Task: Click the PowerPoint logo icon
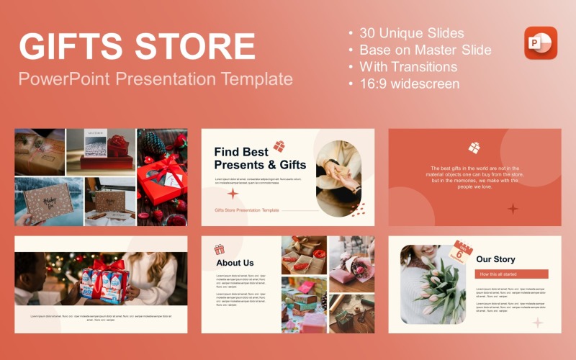tap(541, 42)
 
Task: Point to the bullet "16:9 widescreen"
tap(408, 83)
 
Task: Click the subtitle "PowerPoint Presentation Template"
tap(156, 78)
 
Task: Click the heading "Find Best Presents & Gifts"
tap(260, 158)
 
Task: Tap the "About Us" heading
tap(235, 263)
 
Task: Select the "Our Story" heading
tap(495, 259)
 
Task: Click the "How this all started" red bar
tap(511, 274)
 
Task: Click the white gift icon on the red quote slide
tap(474, 148)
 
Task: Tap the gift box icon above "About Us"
tap(219, 249)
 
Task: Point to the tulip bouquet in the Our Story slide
tap(435, 288)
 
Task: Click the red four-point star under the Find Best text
tap(233, 194)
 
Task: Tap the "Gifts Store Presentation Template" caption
tap(246, 210)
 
